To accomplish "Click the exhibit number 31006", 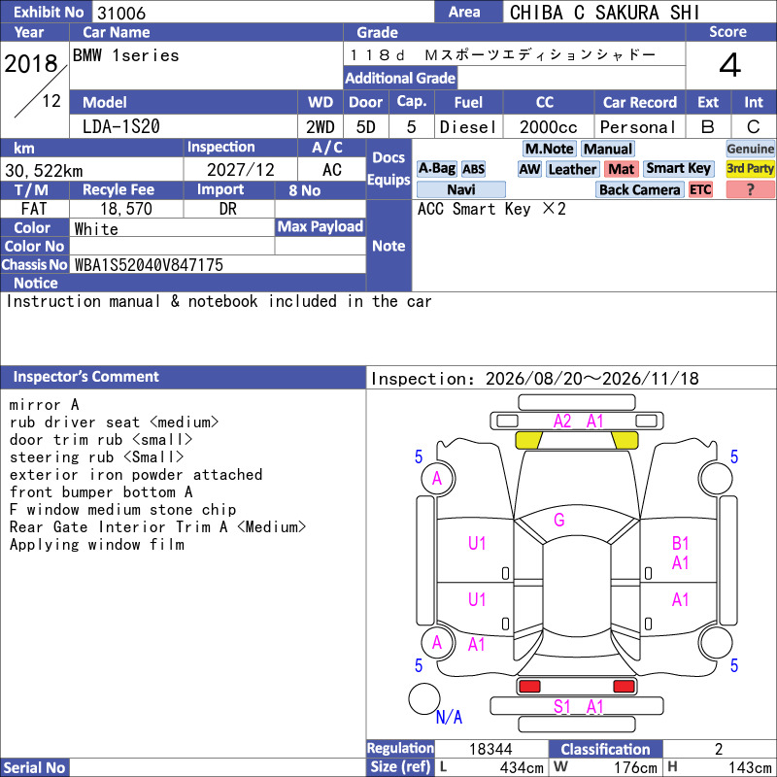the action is click(x=121, y=13).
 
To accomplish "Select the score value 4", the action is click(x=730, y=65).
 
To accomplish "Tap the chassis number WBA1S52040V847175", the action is click(x=149, y=265).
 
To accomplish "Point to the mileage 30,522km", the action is click(x=44, y=171).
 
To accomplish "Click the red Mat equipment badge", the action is click(x=622, y=169).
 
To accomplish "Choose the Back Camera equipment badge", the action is click(x=639, y=189).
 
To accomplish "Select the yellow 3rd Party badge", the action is click(x=750, y=168).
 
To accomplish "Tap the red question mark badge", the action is click(x=750, y=189).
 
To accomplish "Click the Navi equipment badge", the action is click(x=460, y=189).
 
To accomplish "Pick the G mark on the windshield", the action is click(x=559, y=520).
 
